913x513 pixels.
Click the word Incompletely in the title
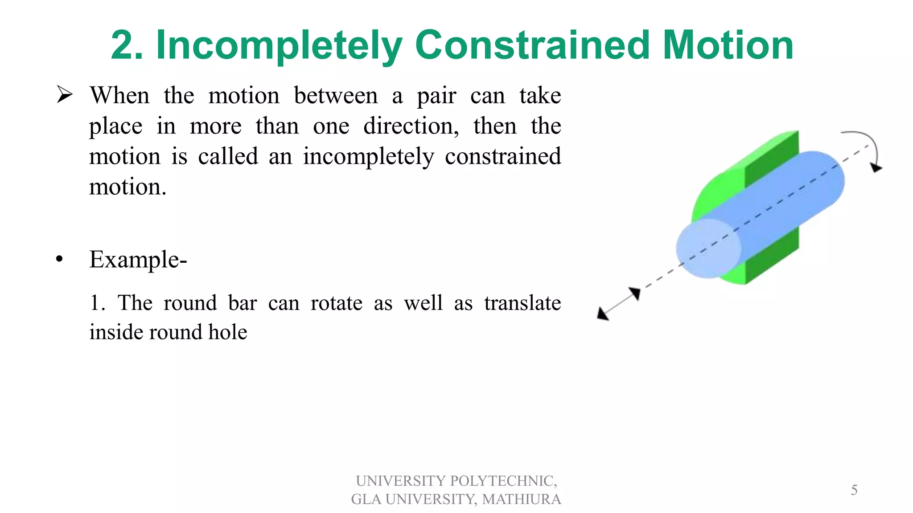(x=279, y=46)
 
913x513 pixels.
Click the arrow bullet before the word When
(x=65, y=95)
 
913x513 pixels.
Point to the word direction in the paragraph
(x=411, y=126)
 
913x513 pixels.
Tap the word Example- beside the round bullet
(x=138, y=260)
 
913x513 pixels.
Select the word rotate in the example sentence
(x=336, y=303)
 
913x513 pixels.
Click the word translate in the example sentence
(x=522, y=303)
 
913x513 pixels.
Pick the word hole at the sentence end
(x=228, y=333)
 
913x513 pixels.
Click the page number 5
(x=854, y=490)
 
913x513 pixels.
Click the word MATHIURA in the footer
(x=521, y=499)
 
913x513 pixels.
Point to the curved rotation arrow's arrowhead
(x=876, y=168)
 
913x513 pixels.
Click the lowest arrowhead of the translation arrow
(x=603, y=314)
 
